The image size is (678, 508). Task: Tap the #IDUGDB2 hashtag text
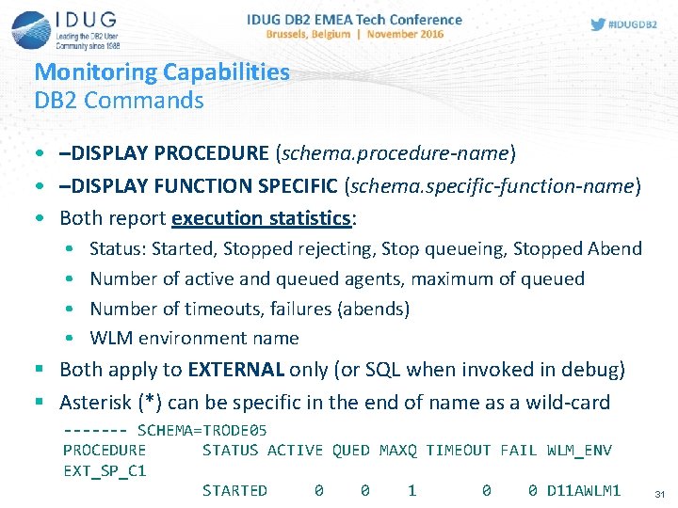coord(632,24)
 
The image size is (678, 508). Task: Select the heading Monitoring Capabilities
coord(162,71)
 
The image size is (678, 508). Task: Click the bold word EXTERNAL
coord(237,370)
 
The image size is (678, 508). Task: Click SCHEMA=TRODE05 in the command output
coord(202,430)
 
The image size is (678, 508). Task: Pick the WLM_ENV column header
coord(579,450)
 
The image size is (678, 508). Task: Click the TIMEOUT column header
coord(458,450)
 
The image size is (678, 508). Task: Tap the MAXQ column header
coord(397,450)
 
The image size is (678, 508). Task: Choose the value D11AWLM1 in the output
coord(584,490)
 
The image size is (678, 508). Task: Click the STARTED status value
coord(234,490)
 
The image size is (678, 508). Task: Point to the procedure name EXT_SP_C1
coord(105,469)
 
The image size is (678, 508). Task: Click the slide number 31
coord(659,494)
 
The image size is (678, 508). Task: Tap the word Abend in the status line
coord(614,248)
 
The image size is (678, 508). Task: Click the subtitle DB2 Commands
coord(119,100)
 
